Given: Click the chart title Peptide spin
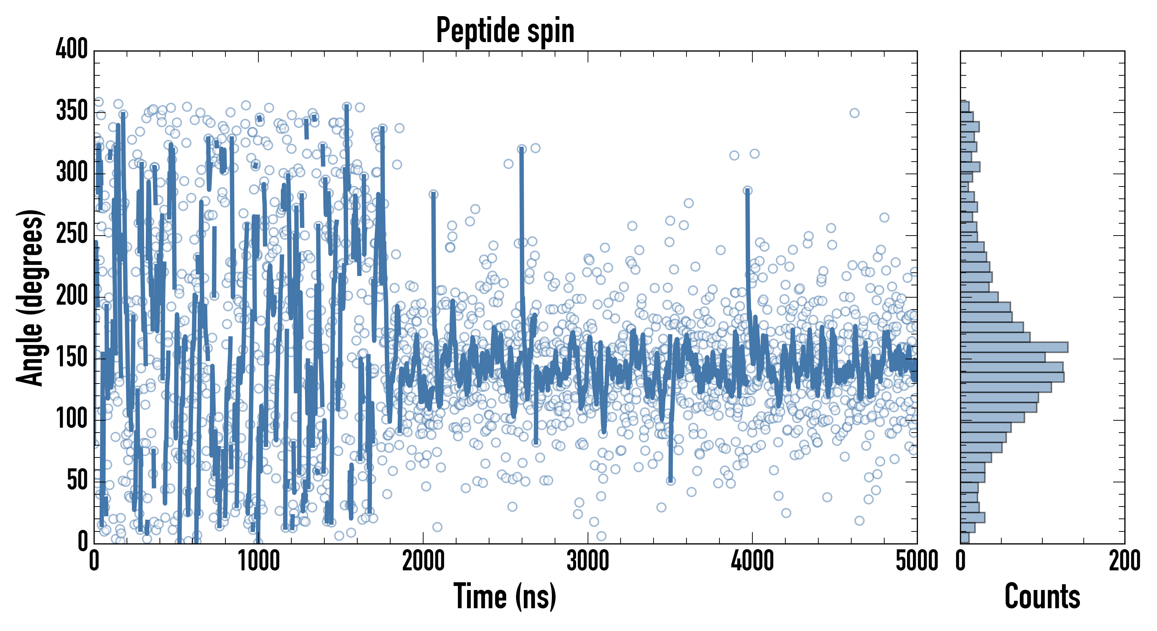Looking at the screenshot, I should (x=505, y=30).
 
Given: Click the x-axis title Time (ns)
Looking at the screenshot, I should (x=505, y=596).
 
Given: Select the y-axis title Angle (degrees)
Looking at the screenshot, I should (x=30, y=297).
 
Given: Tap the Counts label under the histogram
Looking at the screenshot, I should (x=1042, y=596).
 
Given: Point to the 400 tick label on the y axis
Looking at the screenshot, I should (x=72, y=49).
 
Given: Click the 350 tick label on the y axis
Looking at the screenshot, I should (x=72, y=111).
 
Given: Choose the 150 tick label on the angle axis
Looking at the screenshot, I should (x=72, y=358).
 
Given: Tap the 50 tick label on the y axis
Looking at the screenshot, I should (x=77, y=481).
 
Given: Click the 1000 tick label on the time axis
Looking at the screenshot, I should (x=259, y=561).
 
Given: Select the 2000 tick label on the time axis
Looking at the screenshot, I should (x=423, y=561).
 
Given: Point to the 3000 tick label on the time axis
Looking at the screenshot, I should (x=588, y=561).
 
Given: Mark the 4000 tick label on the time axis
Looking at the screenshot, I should (x=752, y=561).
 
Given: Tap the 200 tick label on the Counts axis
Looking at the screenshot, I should (x=1124, y=561).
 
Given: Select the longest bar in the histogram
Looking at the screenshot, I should (x=1014, y=347).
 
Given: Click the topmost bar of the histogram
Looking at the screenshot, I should (x=965, y=107).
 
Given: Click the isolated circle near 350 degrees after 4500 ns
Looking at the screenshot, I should (x=854, y=113).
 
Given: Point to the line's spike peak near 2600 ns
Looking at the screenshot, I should (x=521, y=150).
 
